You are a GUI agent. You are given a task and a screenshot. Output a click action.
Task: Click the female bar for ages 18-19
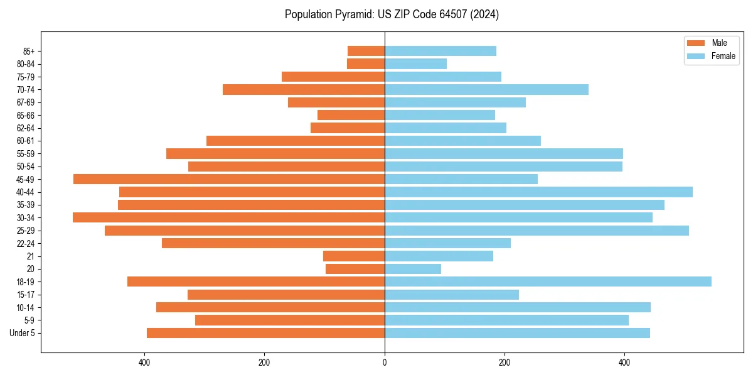(x=548, y=281)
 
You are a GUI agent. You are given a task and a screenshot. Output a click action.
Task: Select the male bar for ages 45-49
(x=229, y=179)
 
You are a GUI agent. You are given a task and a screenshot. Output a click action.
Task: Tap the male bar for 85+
(x=366, y=51)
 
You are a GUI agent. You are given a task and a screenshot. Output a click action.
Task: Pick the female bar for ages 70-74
(x=486, y=89)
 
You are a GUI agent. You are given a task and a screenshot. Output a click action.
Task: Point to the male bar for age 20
(x=355, y=269)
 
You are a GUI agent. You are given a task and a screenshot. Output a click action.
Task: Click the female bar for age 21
(x=439, y=256)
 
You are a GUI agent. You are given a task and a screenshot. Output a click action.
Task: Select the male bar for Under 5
(x=265, y=333)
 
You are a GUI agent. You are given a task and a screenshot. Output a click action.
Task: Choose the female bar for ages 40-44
(x=538, y=192)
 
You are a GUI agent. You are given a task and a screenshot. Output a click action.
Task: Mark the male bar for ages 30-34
(x=228, y=217)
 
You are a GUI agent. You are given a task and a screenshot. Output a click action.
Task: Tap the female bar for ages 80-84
(x=415, y=63)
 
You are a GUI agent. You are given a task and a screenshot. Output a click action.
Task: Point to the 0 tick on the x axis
(x=385, y=363)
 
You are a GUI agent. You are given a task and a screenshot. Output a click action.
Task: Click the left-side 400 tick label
(x=144, y=363)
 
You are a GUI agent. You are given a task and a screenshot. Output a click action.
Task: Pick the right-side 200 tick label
(x=505, y=363)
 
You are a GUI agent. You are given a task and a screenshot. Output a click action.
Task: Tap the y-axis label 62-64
(x=26, y=128)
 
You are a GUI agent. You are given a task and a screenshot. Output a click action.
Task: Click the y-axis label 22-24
(x=26, y=243)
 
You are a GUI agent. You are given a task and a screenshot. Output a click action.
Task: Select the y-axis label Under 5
(x=23, y=333)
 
